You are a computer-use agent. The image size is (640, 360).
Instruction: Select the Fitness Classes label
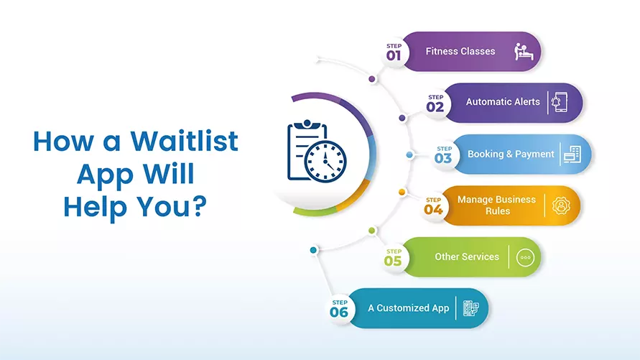[460, 52]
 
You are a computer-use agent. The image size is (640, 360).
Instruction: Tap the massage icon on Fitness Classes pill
[524, 51]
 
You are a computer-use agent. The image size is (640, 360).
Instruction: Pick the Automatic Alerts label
[503, 102]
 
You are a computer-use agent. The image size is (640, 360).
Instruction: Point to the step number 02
[436, 107]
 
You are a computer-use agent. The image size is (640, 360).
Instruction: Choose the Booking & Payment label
[511, 154]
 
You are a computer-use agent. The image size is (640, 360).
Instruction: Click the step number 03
[443, 158]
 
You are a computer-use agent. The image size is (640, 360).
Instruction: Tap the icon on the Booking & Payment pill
[572, 154]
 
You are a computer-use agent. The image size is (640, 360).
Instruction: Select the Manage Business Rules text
[496, 205]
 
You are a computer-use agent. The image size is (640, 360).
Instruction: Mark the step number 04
[433, 210]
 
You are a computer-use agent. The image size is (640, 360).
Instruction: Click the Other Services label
[467, 257]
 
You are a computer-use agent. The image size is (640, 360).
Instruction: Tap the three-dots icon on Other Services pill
[524, 257]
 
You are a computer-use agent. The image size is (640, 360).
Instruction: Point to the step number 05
[392, 261]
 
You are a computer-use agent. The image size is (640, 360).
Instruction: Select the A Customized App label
[408, 308]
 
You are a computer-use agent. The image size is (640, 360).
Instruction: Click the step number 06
[339, 313]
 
